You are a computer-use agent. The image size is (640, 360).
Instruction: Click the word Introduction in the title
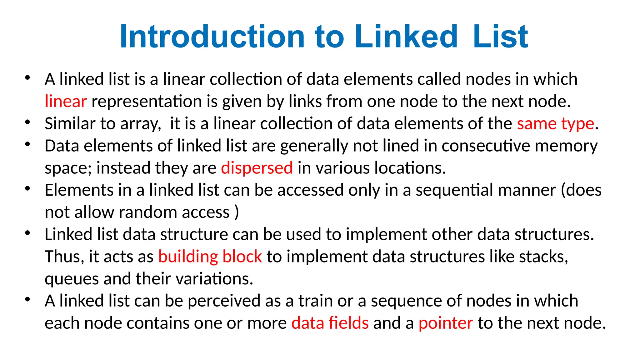(x=212, y=37)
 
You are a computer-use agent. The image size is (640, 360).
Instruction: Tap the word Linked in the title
(x=406, y=37)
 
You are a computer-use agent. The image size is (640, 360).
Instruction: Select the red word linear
(x=66, y=102)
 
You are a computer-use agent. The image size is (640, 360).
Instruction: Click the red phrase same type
(x=555, y=124)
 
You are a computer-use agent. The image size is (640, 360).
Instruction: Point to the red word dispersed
(x=257, y=168)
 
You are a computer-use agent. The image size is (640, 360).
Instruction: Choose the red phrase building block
(x=210, y=257)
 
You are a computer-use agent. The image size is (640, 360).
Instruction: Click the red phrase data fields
(x=330, y=323)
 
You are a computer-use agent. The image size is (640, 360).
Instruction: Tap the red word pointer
(x=446, y=323)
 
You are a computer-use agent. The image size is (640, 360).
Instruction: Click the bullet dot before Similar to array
(x=28, y=122)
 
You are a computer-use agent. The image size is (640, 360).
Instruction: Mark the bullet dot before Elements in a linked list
(x=28, y=188)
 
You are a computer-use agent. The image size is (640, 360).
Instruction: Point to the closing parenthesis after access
(x=237, y=212)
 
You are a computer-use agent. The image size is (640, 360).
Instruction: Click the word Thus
(x=64, y=257)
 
